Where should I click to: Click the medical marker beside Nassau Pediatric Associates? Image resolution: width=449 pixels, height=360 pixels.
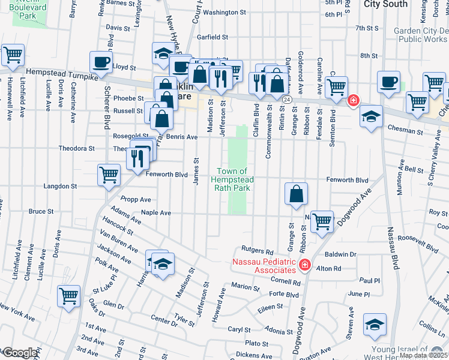[304, 264]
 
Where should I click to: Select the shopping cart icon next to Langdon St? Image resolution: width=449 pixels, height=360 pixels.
[109, 175]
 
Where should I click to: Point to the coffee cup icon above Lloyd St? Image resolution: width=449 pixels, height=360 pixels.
[101, 61]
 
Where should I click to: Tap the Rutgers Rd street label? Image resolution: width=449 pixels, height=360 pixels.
[258, 249]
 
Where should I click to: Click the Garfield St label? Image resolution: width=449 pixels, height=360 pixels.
[214, 37]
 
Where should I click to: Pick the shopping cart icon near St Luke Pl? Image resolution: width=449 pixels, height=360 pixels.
[68, 295]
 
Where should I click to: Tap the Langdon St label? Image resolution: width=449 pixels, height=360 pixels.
[60, 187]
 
